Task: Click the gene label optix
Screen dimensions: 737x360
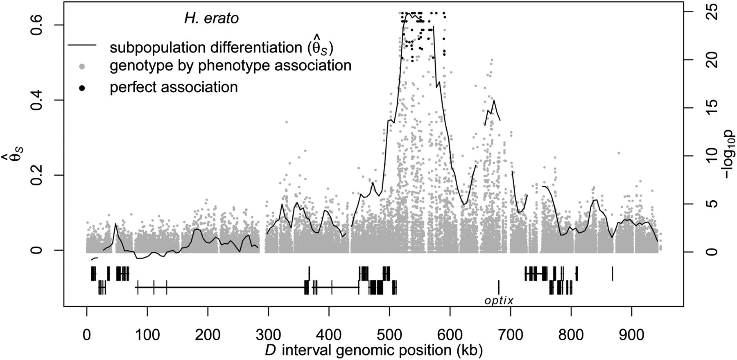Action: (499, 301)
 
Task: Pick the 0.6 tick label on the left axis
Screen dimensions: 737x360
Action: (38, 25)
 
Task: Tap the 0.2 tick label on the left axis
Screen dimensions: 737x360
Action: (38, 175)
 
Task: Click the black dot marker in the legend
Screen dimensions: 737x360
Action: (82, 88)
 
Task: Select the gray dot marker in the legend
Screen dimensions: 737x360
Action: (82, 66)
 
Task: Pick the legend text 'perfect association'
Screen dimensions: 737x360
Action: (174, 88)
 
